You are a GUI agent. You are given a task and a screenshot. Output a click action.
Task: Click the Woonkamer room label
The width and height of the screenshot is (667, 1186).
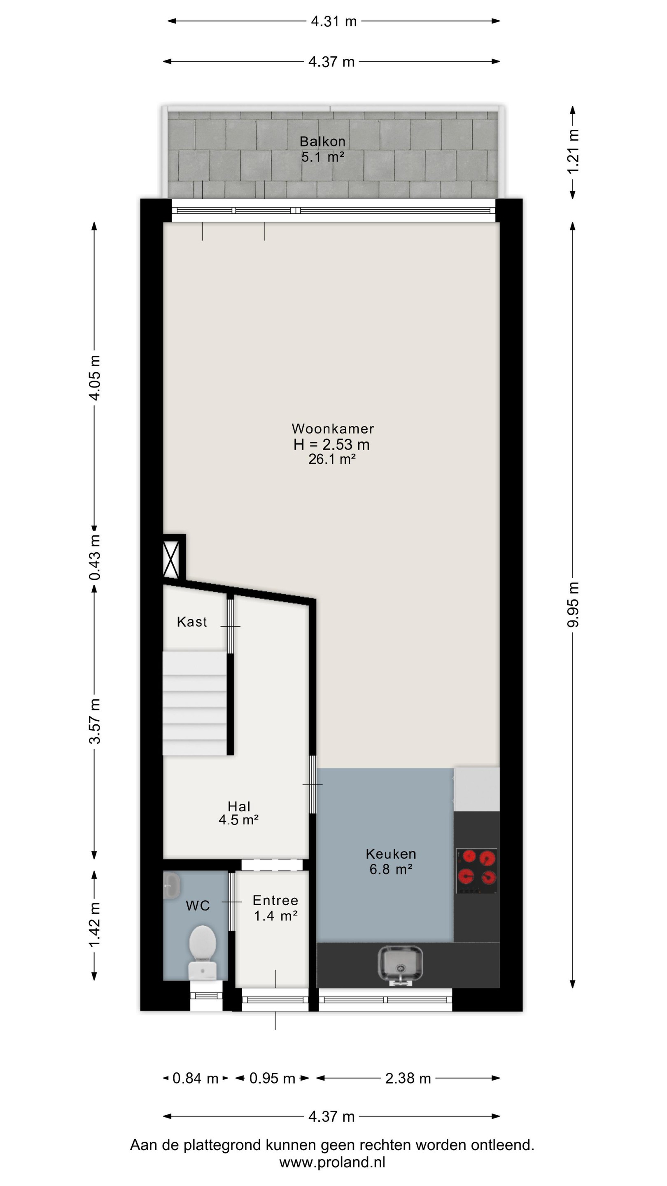(332, 429)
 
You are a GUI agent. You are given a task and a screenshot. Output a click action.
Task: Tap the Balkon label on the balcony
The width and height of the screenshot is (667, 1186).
(322, 141)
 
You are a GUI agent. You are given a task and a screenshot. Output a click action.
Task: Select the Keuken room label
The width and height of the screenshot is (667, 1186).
(391, 854)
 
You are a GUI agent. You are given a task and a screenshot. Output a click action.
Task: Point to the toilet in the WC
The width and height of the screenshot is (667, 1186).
(203, 951)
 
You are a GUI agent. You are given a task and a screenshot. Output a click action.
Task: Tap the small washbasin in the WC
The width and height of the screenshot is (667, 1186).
(171, 885)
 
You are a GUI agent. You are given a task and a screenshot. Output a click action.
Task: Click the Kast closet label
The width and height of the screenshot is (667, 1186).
(192, 622)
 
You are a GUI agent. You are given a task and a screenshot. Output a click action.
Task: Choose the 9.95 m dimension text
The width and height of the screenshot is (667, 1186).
(573, 605)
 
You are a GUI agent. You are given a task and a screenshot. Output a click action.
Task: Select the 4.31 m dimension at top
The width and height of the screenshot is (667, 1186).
(334, 21)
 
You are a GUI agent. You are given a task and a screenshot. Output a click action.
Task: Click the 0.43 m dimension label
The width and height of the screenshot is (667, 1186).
(94, 558)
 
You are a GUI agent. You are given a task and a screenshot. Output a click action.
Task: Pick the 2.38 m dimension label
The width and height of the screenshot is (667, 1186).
(408, 1078)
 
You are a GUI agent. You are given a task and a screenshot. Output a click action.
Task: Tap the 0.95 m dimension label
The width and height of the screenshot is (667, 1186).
(272, 1078)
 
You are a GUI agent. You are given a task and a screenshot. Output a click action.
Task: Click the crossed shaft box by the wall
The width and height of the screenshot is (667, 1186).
(171, 559)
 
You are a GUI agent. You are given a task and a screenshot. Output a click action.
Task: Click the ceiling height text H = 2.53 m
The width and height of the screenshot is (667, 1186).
(331, 444)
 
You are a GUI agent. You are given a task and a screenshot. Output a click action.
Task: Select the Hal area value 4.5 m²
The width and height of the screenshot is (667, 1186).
(238, 819)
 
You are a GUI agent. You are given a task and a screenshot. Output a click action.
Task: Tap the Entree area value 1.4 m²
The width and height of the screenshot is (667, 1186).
(276, 916)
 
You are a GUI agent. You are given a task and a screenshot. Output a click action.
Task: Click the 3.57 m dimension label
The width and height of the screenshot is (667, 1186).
(94, 721)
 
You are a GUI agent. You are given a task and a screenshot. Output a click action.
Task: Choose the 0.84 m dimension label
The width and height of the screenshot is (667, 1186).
(195, 1078)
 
